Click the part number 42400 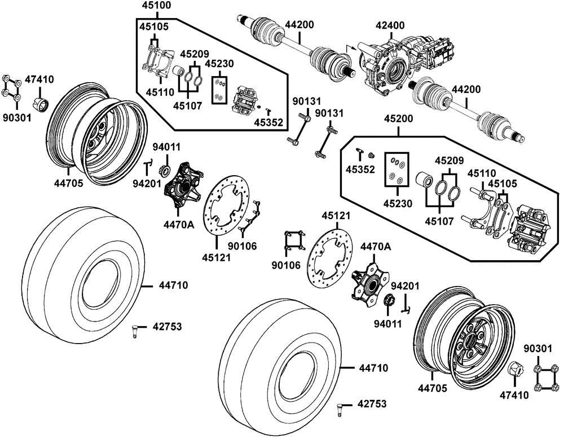pyautogui.click(x=390, y=25)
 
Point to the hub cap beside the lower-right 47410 pyautogui.click(x=514, y=371)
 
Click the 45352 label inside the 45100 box pyautogui.click(x=268, y=123)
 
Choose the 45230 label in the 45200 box pyautogui.click(x=397, y=202)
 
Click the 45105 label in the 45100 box pyautogui.click(x=153, y=26)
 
